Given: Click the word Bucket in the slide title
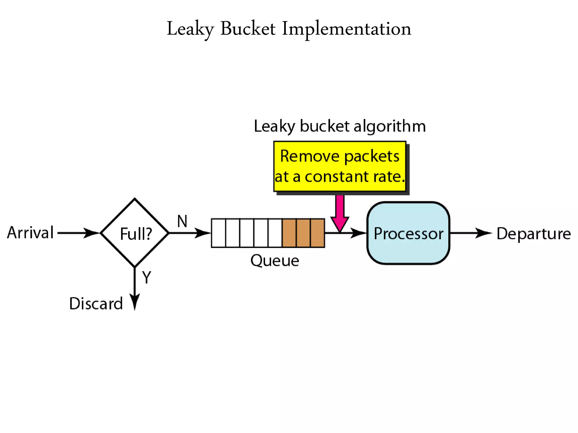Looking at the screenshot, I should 248,29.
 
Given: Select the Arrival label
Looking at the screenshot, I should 30,233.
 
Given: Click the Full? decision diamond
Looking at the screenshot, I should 135,233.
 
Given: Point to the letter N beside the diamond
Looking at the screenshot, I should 182,221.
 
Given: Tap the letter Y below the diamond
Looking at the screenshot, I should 146,277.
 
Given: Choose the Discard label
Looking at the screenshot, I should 96,304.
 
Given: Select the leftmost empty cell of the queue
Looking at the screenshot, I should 218,233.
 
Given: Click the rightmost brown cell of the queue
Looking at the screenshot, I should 317,233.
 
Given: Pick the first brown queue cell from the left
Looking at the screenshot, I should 289,233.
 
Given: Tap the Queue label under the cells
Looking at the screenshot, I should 274,260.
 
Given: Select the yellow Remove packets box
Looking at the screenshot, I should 340,166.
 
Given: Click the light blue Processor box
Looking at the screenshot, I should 408,233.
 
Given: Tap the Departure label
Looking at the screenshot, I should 533,233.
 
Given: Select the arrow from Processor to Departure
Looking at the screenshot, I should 471,233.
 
